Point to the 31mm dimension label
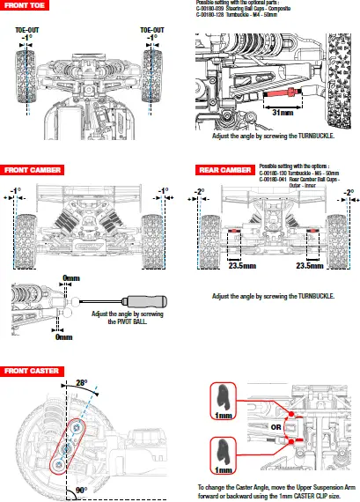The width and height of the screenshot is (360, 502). click(282, 113)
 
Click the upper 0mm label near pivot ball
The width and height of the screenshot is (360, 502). click(71, 278)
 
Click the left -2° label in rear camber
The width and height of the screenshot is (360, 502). click(200, 191)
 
